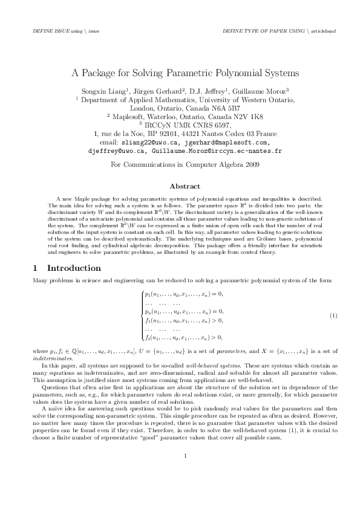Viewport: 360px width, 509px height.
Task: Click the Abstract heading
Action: point(180,186)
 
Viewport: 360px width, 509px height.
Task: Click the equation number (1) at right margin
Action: point(333,316)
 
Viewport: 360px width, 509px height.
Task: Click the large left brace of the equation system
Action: point(140,316)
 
